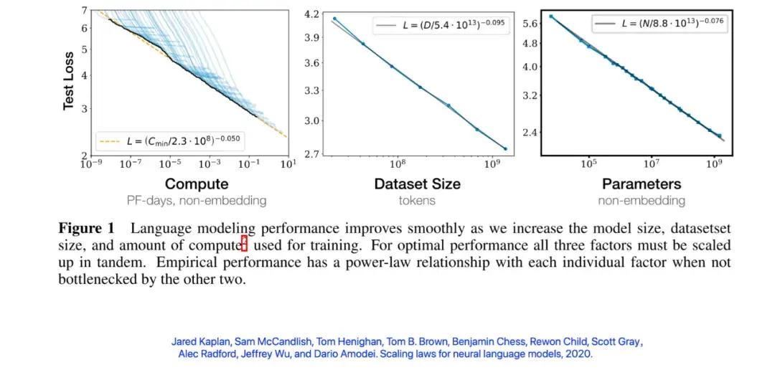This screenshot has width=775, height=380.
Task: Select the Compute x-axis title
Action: click(x=197, y=184)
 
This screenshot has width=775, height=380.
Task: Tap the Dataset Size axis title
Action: click(x=417, y=184)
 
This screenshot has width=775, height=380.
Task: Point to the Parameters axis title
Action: click(x=641, y=184)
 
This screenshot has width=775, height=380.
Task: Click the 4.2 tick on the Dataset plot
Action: click(x=311, y=14)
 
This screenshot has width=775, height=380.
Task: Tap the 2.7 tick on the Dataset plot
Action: click(x=311, y=153)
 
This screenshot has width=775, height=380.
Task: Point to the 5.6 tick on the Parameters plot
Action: click(x=530, y=24)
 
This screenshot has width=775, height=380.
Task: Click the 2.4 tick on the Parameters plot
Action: click(x=530, y=132)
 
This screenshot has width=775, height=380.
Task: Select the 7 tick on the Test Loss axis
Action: click(x=84, y=9)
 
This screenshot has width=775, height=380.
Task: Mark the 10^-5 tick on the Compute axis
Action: click(x=169, y=164)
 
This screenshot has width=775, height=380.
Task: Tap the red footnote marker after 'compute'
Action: click(x=244, y=244)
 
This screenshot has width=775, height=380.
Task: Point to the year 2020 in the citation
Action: click(x=578, y=354)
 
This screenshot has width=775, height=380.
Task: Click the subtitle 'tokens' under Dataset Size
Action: click(x=417, y=201)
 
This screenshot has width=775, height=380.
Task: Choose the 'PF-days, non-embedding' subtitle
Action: click(x=197, y=201)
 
